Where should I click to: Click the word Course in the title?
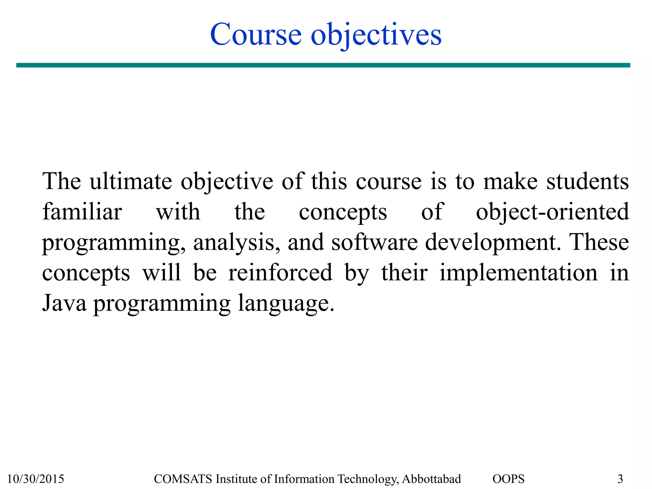(x=256, y=35)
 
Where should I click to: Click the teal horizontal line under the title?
(x=323, y=65)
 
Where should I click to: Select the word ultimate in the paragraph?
(x=131, y=181)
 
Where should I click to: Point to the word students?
(x=588, y=181)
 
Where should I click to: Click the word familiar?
(x=82, y=212)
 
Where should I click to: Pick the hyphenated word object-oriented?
(x=552, y=212)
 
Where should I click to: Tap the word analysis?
(x=237, y=243)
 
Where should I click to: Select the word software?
(x=374, y=242)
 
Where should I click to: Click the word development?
(x=493, y=243)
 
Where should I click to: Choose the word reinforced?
(x=280, y=273)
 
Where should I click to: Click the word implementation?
(x=519, y=273)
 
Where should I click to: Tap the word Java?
(x=64, y=303)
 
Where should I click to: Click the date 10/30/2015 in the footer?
(x=36, y=479)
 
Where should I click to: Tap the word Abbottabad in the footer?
(x=431, y=479)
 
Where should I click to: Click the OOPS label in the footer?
(x=508, y=479)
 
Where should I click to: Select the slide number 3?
(x=620, y=479)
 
